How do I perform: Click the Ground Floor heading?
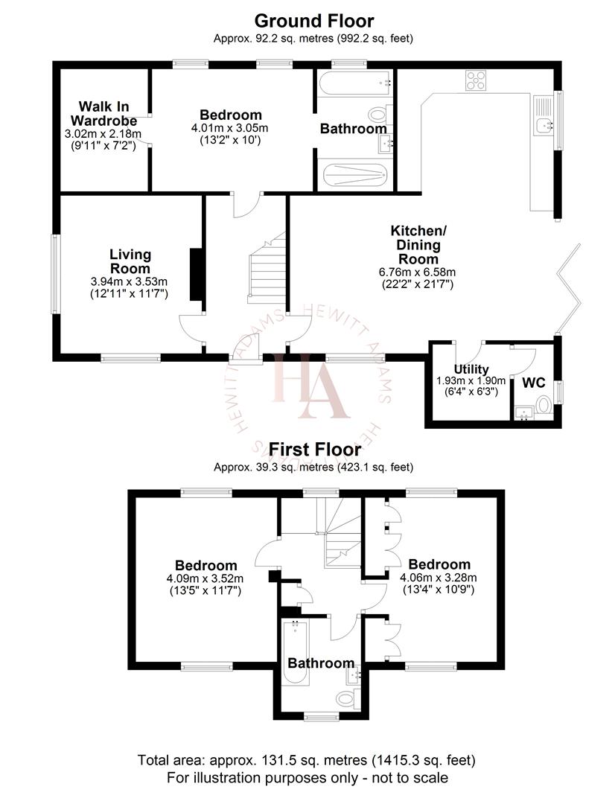[x=314, y=20]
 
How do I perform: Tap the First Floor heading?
[x=314, y=450]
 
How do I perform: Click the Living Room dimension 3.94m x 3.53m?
[x=130, y=281]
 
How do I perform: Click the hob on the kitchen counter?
[x=476, y=80]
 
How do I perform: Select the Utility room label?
[x=471, y=369]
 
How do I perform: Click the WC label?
[x=533, y=383]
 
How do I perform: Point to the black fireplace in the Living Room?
[x=197, y=274]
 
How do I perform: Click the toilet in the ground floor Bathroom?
[x=380, y=116]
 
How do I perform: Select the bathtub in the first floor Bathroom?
[x=293, y=652]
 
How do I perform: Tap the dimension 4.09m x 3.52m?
[x=205, y=578]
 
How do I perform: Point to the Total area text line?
[x=307, y=760]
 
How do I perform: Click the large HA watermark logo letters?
[x=309, y=385]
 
